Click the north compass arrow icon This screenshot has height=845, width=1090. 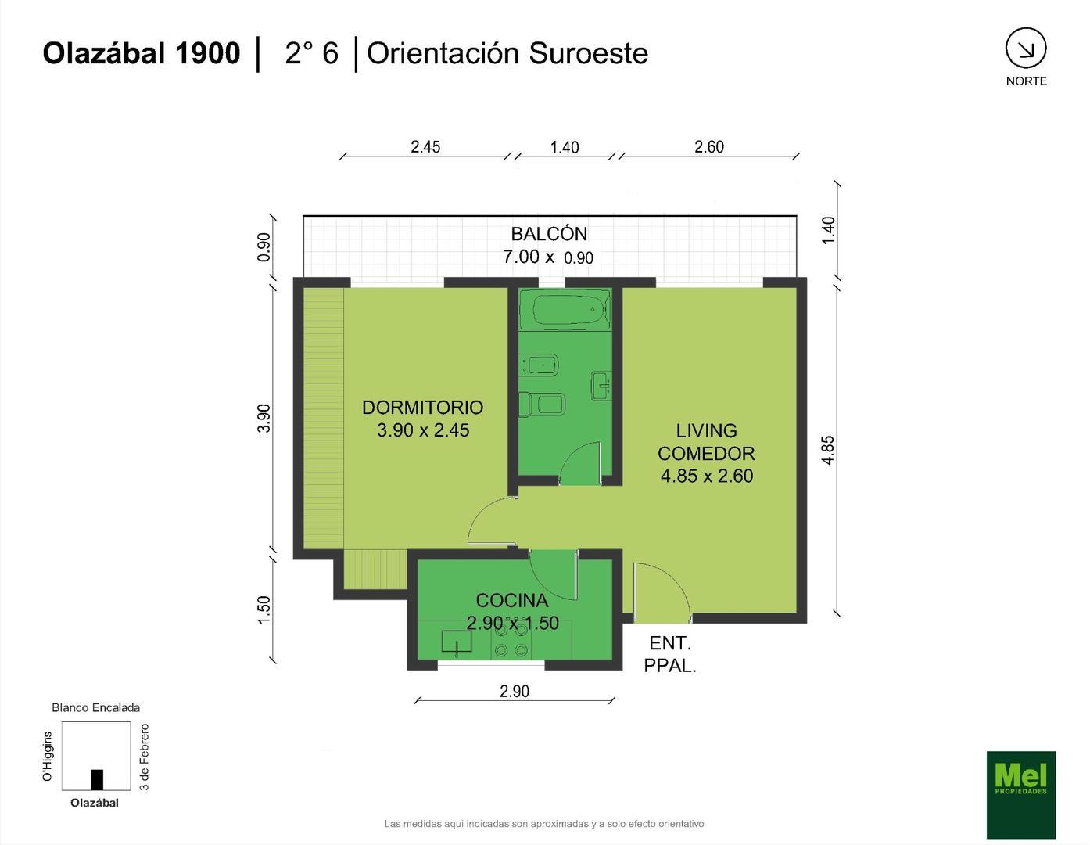pos(1025,49)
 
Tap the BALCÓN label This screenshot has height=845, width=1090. pos(549,234)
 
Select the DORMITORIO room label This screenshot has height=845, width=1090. pos(422,408)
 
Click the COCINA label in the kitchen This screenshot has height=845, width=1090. pos(511,600)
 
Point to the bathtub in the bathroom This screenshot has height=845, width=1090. pos(565,310)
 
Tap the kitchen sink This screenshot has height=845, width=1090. pos(457,641)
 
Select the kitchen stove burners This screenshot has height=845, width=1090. pos(511,640)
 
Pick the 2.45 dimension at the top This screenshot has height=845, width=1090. pos(425,146)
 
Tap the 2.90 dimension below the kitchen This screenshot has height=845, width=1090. pos(515,691)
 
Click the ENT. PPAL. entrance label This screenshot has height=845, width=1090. pos(669,654)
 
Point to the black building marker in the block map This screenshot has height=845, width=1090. pos(97,780)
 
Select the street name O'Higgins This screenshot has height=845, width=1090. pos(47,756)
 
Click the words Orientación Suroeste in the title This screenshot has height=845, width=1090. pos(507,53)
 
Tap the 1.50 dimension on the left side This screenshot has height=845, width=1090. pos(264,609)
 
